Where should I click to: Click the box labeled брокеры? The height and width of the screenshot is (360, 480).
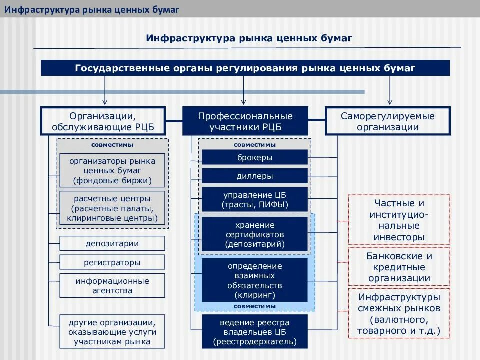255,157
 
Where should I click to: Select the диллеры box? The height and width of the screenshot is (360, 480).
255,176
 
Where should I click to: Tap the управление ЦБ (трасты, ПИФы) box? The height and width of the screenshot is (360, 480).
255,200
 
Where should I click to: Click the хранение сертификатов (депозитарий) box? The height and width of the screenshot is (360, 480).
255,234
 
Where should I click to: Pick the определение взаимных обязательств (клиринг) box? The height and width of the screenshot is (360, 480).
255,280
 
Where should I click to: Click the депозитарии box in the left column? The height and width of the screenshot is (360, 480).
112,243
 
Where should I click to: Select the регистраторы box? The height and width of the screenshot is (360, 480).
112,262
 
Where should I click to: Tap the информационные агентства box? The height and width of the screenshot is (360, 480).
112,285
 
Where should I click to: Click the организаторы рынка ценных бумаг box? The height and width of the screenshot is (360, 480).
112,171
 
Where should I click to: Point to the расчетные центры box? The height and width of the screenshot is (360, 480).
112,208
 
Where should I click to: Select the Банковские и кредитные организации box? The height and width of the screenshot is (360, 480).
399,267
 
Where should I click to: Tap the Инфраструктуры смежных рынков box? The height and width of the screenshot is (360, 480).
399,313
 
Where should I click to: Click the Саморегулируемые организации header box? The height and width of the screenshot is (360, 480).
388,121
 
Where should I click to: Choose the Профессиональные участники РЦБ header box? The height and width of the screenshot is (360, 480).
245,121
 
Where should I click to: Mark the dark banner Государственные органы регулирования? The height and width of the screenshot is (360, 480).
245,68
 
